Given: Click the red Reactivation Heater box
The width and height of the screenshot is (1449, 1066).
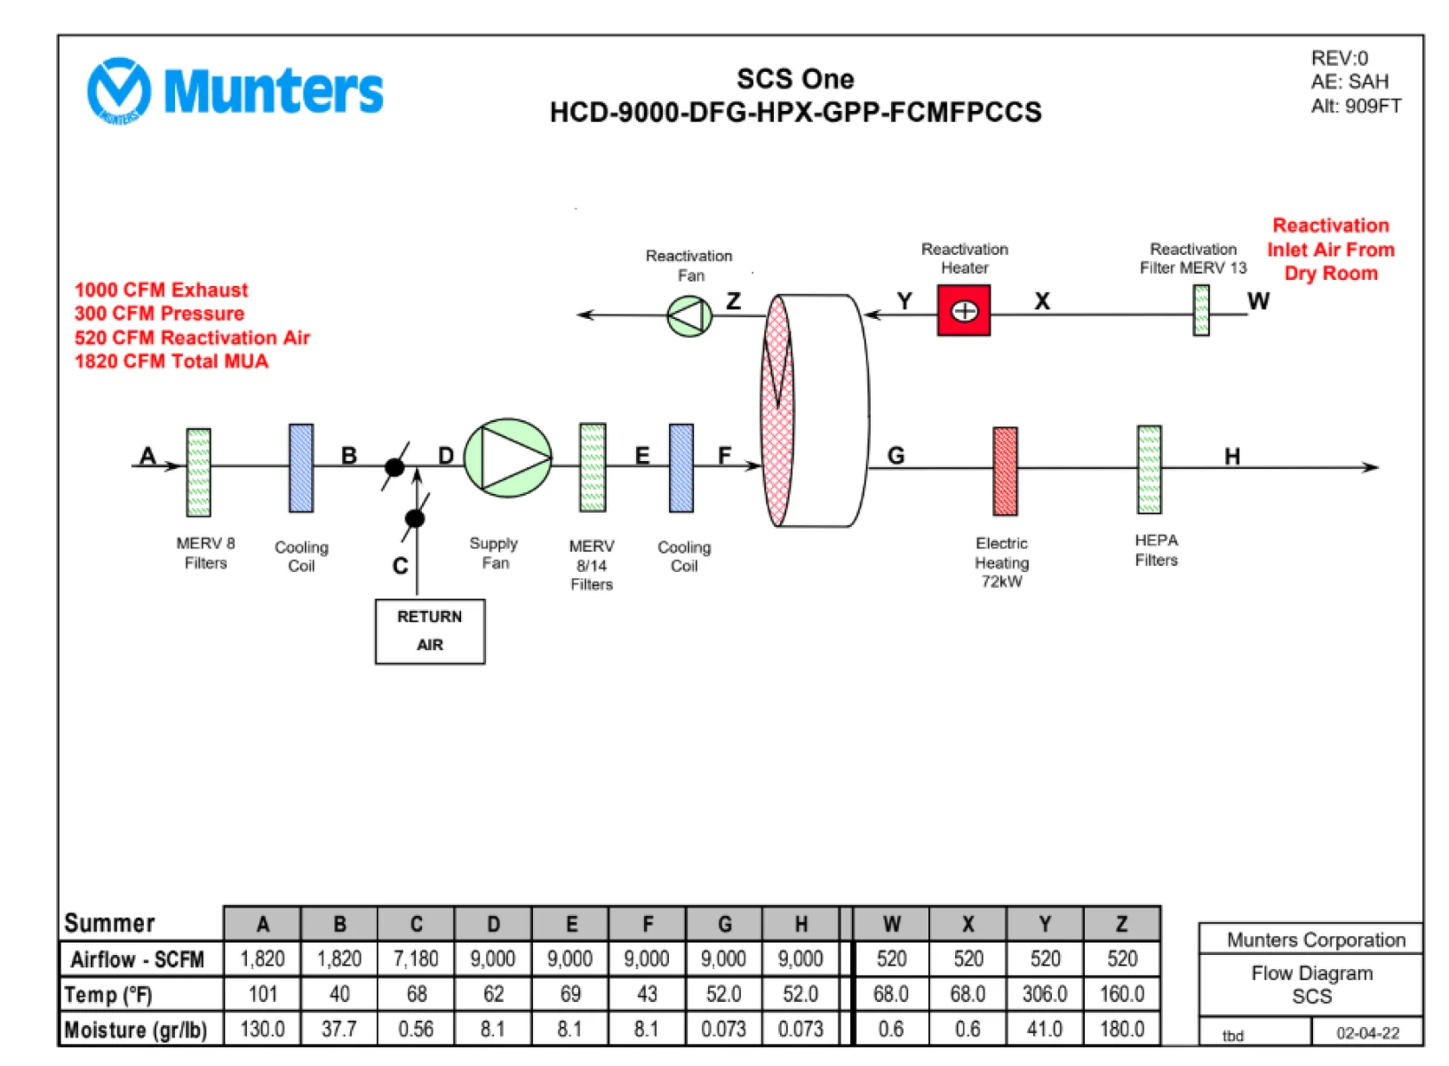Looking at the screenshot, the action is click(964, 311).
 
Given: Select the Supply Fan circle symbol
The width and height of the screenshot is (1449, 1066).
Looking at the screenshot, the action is click(508, 458).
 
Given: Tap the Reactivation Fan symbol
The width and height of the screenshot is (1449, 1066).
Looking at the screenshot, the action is click(689, 316).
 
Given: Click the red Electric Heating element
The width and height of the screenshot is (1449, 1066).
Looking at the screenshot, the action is click(1006, 471).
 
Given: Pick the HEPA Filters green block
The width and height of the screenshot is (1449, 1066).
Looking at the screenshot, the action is click(1150, 470).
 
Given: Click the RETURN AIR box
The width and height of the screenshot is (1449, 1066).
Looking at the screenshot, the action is click(430, 632).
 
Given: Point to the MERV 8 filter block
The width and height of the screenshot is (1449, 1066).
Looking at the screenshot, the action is click(199, 473).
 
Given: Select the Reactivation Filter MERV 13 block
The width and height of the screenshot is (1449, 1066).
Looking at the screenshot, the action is click(1201, 311).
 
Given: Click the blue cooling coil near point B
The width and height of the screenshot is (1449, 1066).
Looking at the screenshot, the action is click(301, 468).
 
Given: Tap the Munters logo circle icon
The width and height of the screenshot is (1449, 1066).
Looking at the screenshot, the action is click(119, 91).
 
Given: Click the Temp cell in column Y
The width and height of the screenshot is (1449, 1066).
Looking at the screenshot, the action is click(1045, 994).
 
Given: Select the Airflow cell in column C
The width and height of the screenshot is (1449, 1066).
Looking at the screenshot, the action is click(416, 959).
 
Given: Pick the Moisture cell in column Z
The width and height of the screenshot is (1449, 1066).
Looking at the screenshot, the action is click(1122, 1029).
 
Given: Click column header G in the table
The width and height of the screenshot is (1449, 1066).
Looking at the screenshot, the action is click(725, 924).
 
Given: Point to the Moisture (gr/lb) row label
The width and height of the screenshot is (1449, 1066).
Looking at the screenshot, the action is click(136, 1030).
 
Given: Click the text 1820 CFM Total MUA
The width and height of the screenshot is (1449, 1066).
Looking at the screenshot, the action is click(171, 361).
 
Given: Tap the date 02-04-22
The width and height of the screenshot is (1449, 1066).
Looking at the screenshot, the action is click(1367, 1033).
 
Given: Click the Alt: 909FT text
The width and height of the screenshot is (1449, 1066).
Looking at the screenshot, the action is click(1356, 106).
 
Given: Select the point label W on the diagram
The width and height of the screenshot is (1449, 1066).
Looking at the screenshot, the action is click(1258, 301).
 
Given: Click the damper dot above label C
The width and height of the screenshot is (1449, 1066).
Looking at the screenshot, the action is click(415, 518).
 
